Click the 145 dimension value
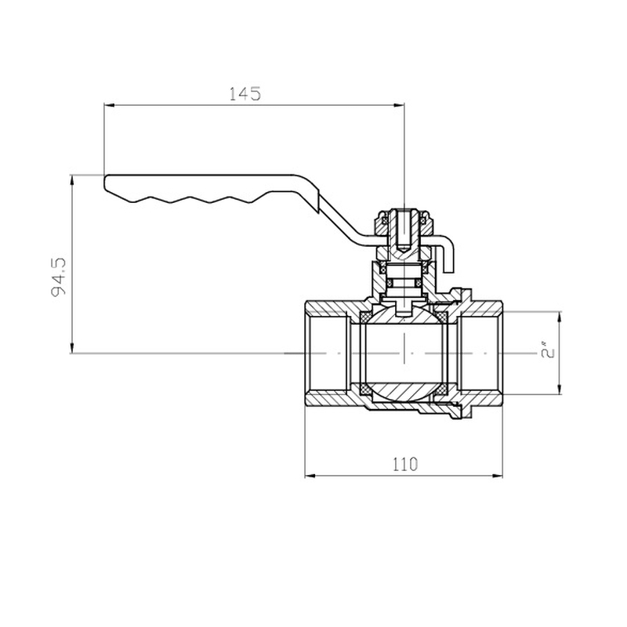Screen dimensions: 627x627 click(x=245, y=93)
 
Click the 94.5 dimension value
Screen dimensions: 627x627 click(x=59, y=278)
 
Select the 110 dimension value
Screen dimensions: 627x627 click(x=405, y=464)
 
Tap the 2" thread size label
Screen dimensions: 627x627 click(x=547, y=352)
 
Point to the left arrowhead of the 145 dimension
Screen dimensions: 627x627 click(x=110, y=105)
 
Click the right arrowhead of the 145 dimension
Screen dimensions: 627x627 click(x=399, y=105)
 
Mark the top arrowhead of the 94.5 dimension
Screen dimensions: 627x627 click(x=72, y=180)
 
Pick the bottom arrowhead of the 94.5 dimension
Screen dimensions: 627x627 click(x=72, y=348)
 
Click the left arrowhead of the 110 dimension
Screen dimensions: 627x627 click(x=310, y=476)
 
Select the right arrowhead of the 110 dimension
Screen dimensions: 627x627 click(x=498, y=476)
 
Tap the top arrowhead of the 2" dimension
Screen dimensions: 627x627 click(x=559, y=317)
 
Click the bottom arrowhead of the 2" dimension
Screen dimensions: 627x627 click(x=559, y=390)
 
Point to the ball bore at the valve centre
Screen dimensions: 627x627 click(x=404, y=353)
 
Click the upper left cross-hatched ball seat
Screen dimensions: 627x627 click(x=365, y=317)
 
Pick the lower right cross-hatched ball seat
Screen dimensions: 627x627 click(x=442, y=389)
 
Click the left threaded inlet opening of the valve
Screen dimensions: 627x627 click(x=327, y=353)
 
